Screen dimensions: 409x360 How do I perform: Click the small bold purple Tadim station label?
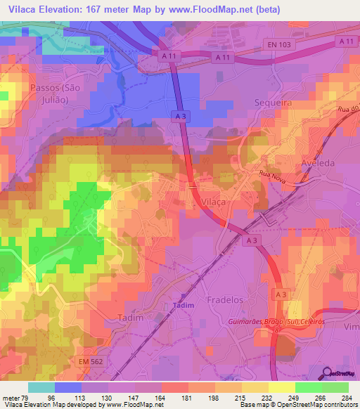pos(182,306)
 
